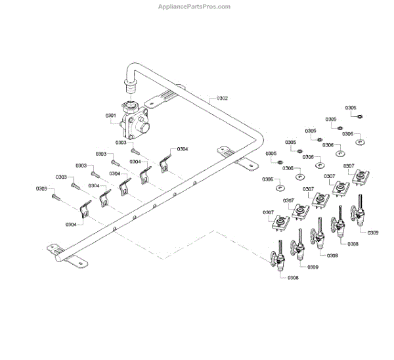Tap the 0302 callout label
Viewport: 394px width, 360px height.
tap(220, 99)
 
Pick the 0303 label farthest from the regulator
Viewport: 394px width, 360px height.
tap(41, 189)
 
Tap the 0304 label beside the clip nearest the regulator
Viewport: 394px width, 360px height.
tap(183, 149)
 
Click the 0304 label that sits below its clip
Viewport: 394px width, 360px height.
tap(70, 224)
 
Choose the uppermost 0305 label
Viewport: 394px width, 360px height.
tap(351, 108)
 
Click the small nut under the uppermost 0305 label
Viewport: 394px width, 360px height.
tap(361, 116)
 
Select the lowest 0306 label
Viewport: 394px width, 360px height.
tap(267, 179)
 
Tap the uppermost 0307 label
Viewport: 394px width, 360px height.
tap(349, 166)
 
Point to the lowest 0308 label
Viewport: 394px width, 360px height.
tap(293, 278)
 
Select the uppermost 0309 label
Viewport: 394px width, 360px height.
tap(373, 233)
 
